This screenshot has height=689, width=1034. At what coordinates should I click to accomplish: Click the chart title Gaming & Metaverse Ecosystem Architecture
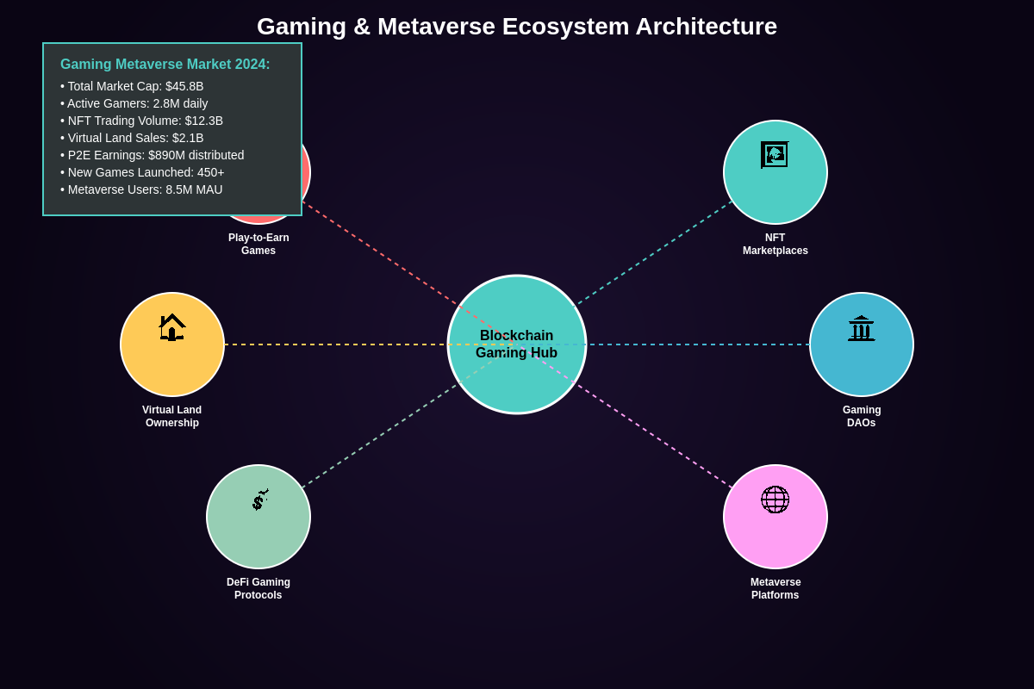[517, 27]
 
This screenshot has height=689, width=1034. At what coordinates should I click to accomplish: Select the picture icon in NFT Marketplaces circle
[775, 155]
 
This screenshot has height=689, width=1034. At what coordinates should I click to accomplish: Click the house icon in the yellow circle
[172, 327]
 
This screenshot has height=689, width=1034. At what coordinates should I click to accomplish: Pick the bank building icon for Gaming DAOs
[861, 328]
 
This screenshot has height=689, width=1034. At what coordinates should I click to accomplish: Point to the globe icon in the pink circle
[775, 500]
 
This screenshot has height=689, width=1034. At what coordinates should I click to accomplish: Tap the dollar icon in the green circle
[259, 500]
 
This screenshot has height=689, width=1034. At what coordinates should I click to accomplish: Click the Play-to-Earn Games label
[258, 244]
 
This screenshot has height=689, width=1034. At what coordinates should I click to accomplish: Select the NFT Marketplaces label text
[775, 244]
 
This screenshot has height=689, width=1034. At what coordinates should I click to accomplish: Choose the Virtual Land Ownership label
[172, 416]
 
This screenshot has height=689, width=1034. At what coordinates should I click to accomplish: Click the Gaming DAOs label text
[862, 416]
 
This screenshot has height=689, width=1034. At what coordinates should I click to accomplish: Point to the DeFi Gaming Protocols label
[258, 588]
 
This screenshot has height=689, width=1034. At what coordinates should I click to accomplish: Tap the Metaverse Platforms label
[775, 588]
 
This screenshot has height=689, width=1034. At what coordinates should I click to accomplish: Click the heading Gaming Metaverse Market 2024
[165, 65]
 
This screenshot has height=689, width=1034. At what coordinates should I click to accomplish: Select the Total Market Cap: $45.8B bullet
[132, 86]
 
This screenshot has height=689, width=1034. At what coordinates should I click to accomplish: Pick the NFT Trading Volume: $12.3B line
[141, 121]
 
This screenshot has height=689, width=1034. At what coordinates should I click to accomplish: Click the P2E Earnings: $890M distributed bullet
[152, 155]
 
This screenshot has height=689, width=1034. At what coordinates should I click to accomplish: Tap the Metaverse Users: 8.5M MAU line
[141, 189]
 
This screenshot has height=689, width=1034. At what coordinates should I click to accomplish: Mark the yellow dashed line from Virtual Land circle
[336, 344]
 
